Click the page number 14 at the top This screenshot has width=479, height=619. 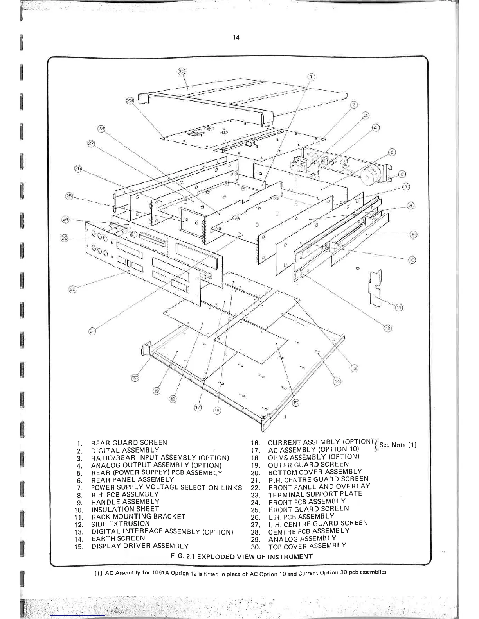(x=236, y=38)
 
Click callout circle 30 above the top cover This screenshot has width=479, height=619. (x=181, y=72)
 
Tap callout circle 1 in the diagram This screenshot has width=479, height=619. (x=311, y=77)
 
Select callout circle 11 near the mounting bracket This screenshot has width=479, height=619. (x=398, y=308)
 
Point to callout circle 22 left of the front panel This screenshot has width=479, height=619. (x=73, y=289)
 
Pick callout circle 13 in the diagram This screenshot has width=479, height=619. (x=354, y=368)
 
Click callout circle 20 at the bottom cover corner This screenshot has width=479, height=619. (x=135, y=378)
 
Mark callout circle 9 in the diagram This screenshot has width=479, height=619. (x=413, y=234)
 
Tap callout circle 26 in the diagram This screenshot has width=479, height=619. (x=78, y=168)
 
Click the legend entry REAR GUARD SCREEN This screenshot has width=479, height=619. (x=129, y=443)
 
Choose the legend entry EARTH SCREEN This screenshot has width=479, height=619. (x=118, y=538)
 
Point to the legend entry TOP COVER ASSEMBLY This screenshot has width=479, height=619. (x=307, y=546)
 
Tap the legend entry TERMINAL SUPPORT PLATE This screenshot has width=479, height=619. (x=315, y=494)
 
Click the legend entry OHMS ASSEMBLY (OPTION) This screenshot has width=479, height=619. (x=313, y=457)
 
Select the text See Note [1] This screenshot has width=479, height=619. (x=398, y=445)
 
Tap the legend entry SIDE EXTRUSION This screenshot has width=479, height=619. (x=121, y=524)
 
